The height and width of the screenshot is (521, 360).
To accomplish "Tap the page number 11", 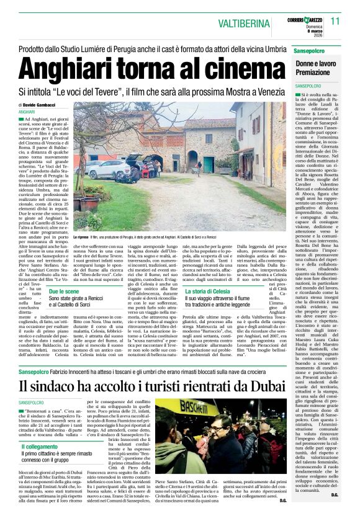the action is click(x=336, y=20).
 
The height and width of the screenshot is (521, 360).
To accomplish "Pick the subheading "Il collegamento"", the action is click(x=40, y=447).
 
